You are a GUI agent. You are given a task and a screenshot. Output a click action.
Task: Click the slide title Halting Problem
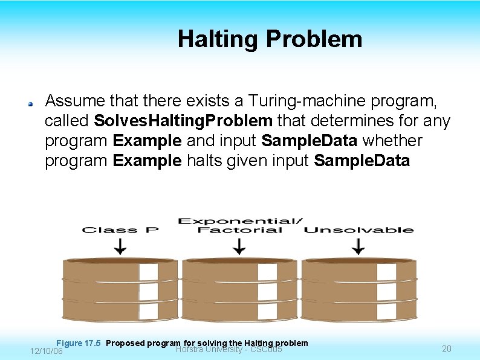[x=270, y=39]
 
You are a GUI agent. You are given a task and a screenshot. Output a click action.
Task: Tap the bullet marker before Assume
[x=29, y=103]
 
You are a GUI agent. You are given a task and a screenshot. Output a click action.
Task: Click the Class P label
[x=120, y=230]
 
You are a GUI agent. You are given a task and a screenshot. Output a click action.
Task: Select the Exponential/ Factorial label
[x=240, y=225]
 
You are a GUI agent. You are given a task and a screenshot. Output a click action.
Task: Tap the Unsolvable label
[x=358, y=230]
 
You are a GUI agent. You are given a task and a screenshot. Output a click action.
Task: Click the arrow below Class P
[x=120, y=246]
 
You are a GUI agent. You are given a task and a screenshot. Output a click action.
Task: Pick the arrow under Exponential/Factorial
[x=239, y=246]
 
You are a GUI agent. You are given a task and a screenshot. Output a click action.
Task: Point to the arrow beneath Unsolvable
[x=358, y=246]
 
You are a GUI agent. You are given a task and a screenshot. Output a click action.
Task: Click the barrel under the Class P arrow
[x=120, y=289]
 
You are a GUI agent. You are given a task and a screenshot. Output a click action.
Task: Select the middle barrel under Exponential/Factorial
[x=239, y=289]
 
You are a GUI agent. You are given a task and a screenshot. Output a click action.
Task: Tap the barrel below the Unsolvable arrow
[x=358, y=289]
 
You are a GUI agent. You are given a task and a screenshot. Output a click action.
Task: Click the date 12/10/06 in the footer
[x=46, y=351]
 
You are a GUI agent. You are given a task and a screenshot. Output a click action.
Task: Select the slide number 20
[x=447, y=349]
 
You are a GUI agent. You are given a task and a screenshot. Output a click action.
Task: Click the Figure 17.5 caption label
[x=78, y=343]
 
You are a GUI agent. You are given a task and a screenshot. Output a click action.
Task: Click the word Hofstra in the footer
[x=190, y=350]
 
